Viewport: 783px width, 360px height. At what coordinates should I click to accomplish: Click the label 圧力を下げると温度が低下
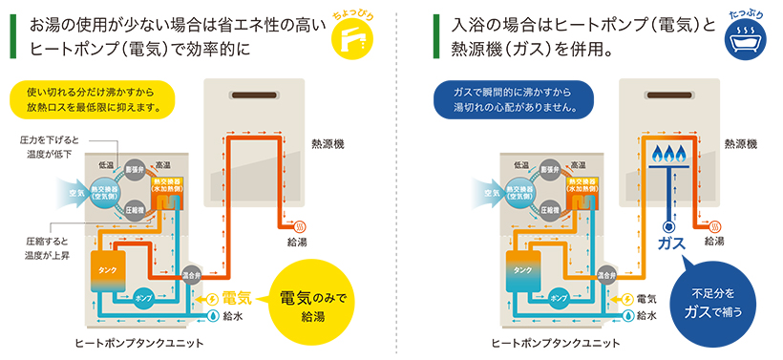54,147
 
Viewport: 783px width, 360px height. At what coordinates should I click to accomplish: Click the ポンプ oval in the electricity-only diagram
145,295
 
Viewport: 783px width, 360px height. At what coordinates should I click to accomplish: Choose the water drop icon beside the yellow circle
211,315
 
